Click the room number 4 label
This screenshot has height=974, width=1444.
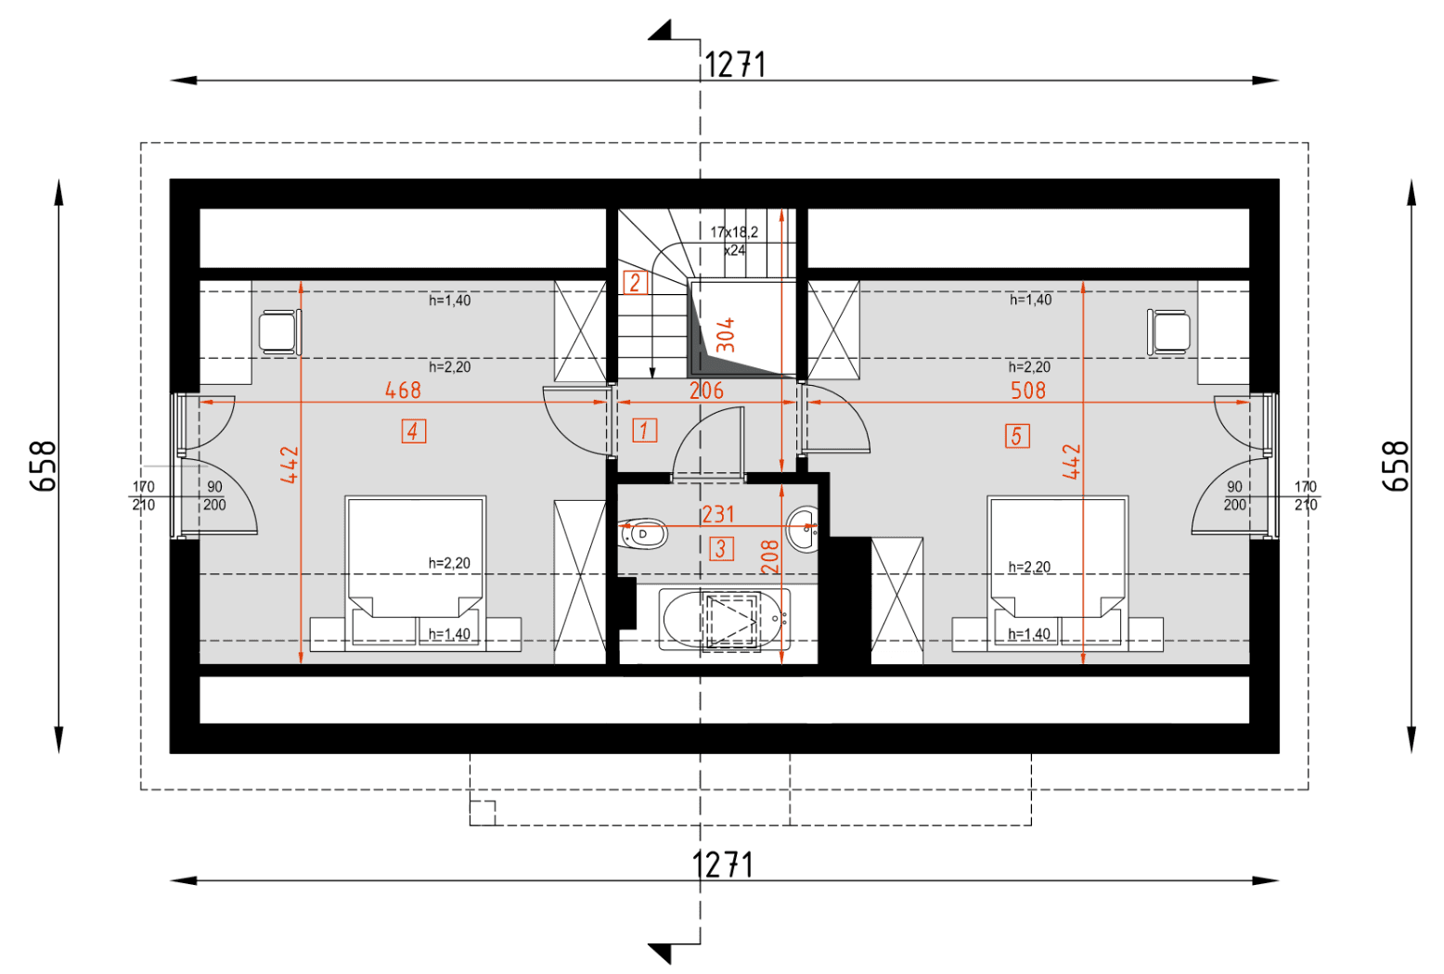tap(414, 431)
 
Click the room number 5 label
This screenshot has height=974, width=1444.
tap(1016, 436)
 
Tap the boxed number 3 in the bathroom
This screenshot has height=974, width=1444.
tap(721, 548)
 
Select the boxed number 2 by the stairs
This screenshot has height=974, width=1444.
tap(635, 283)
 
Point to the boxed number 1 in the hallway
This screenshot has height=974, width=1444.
tap(644, 430)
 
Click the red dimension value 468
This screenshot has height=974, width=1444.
tap(403, 391)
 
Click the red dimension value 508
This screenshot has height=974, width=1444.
tap(1028, 391)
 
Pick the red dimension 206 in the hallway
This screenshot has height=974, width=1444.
tap(706, 391)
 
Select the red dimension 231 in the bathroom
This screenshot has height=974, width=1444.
tap(718, 514)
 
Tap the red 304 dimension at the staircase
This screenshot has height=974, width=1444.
tap(726, 335)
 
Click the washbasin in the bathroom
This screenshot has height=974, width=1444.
tap(803, 529)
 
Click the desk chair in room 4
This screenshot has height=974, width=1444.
tap(279, 332)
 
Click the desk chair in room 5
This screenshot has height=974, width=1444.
tap(1169, 332)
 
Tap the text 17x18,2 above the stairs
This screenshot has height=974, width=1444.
tap(734, 232)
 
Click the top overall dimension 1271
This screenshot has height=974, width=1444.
tap(734, 65)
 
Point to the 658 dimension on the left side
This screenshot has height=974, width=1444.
tap(44, 466)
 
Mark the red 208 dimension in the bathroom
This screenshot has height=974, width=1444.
tap(770, 557)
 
